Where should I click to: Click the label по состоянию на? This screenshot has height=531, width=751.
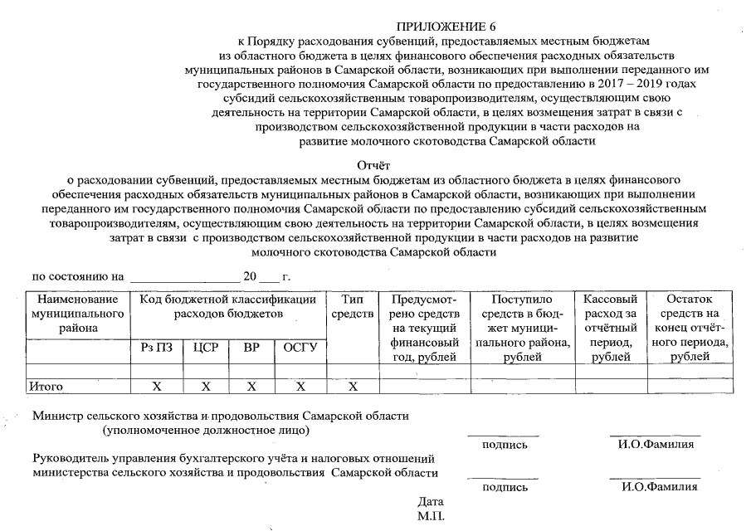click(x=77, y=275)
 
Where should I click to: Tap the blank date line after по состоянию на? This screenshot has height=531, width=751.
click(x=184, y=276)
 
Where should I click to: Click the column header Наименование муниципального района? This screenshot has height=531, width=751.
click(x=78, y=314)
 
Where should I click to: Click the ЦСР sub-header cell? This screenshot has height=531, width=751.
click(x=205, y=348)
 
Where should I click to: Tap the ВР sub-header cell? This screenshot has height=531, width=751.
click(x=251, y=348)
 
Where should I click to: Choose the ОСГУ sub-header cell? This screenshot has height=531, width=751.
click(x=300, y=348)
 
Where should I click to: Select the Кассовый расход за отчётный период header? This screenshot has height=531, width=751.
click(x=610, y=327)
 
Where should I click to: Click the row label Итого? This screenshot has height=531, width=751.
click(x=46, y=386)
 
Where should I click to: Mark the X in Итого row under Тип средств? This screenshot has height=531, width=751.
click(x=353, y=386)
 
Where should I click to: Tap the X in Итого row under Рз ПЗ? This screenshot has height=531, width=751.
click(x=156, y=386)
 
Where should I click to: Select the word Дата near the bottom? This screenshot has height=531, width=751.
click(x=431, y=502)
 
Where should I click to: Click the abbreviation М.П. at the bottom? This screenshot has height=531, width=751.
click(x=431, y=516)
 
